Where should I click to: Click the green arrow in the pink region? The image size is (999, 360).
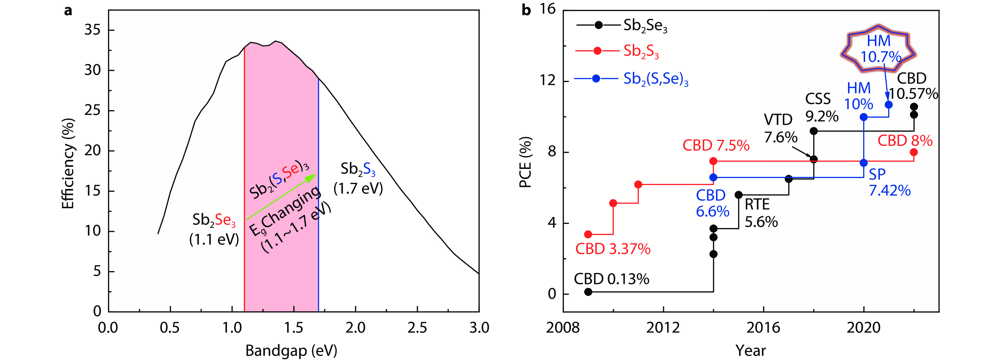point(281,197)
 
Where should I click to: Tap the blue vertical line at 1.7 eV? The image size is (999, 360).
point(318,194)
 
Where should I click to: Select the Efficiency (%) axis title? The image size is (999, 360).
point(68,164)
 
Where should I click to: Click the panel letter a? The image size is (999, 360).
point(68,10)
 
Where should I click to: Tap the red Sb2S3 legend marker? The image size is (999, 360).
point(598,51)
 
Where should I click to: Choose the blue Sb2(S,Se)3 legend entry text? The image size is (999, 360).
point(655,79)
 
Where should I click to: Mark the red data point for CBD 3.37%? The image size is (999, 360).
point(588,234)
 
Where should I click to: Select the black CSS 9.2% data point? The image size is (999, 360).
point(814,131)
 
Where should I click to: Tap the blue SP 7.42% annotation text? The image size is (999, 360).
point(889,183)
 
